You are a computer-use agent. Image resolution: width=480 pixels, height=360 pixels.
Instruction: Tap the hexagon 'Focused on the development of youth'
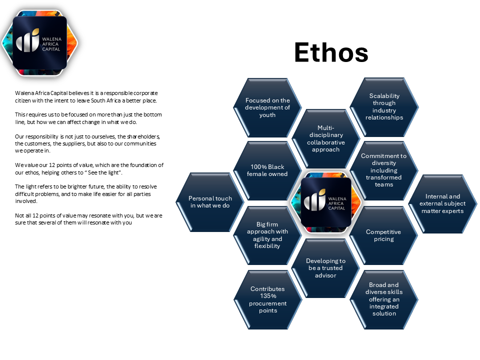tap(267, 107)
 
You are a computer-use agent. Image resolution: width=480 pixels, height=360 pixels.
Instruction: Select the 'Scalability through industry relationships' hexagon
tap(384, 106)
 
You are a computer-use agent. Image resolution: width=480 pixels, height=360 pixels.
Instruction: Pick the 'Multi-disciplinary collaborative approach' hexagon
tap(325, 138)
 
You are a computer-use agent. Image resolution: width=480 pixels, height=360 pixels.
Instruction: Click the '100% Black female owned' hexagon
tap(267, 170)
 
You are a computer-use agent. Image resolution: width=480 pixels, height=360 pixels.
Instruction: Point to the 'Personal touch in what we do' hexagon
tap(210, 202)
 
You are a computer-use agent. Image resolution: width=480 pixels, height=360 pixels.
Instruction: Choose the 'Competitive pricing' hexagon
tap(383, 235)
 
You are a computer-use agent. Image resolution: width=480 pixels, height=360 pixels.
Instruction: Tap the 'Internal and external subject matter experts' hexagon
tap(442, 203)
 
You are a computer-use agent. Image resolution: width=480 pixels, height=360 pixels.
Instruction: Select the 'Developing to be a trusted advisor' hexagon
tap(325, 268)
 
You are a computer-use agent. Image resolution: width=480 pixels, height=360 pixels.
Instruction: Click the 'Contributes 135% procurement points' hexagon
tap(267, 299)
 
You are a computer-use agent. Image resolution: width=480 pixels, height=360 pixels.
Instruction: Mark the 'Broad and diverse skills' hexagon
tap(384, 299)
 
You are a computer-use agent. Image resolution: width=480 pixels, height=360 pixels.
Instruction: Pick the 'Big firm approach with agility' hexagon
tap(267, 235)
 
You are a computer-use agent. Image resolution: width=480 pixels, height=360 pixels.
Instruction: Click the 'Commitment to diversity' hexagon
tap(383, 170)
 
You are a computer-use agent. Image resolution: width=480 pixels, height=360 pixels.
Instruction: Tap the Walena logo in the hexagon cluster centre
tap(325, 203)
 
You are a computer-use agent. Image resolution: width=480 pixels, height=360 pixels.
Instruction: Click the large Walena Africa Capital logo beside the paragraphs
tap(39, 41)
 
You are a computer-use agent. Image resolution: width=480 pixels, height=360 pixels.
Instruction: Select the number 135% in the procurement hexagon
tap(267, 296)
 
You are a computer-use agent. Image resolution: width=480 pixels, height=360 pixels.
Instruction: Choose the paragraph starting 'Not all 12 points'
tap(88, 219)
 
